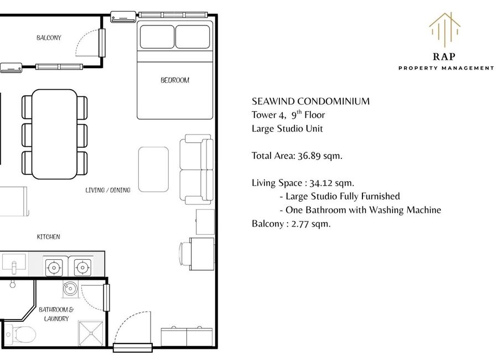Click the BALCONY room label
49,38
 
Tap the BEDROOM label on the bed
175,80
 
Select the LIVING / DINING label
108,190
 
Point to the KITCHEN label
48,236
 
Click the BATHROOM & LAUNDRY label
56,314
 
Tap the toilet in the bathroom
20,335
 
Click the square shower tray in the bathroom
91,333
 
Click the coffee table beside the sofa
153,169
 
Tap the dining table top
54,134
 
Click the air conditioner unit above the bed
123,17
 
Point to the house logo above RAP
445,29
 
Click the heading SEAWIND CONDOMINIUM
310,101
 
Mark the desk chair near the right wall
185,254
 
